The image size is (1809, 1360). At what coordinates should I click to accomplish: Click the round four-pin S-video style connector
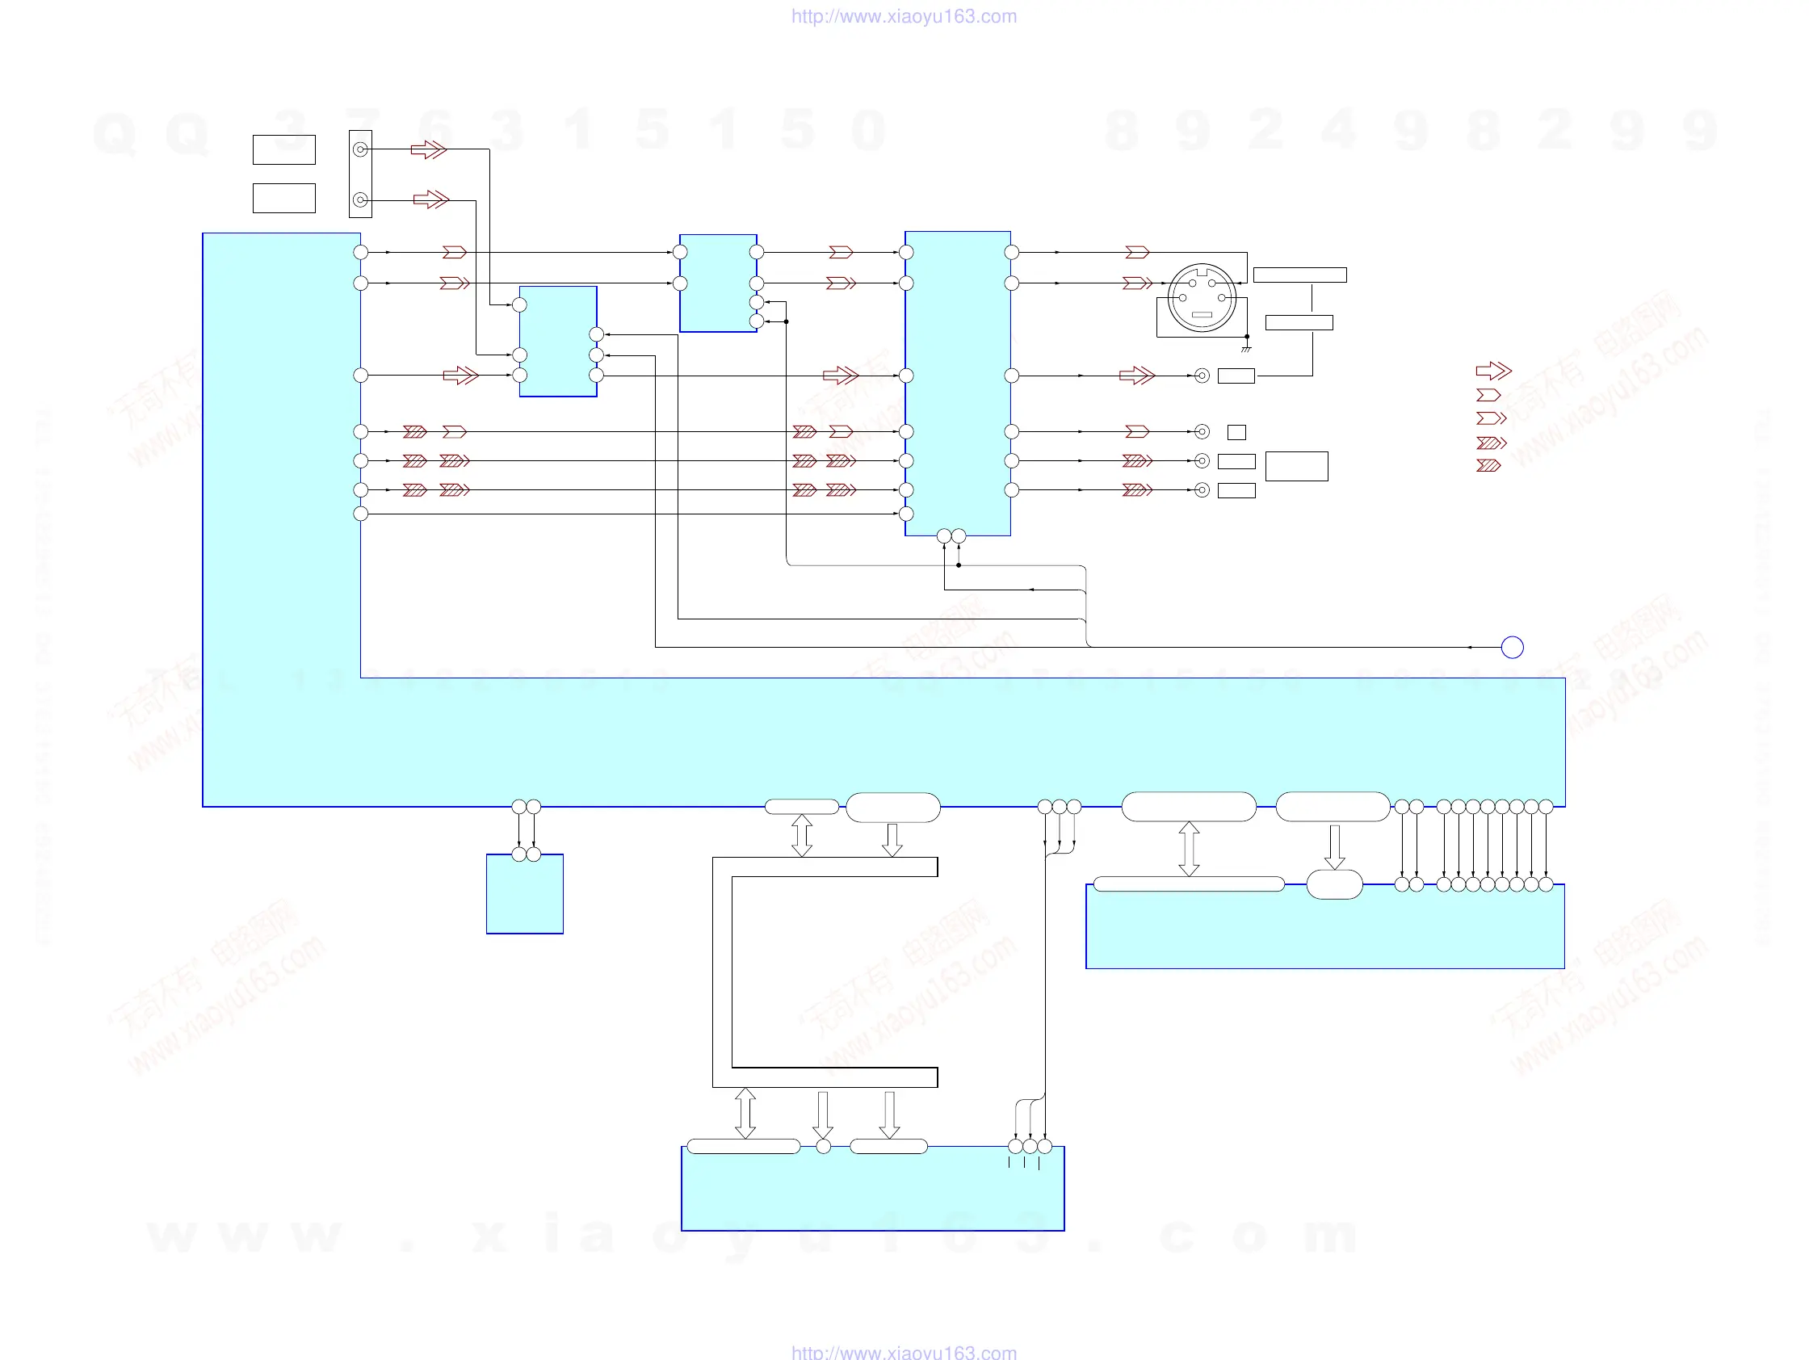point(1202,298)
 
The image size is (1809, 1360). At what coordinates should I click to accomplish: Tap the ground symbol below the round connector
point(1245,350)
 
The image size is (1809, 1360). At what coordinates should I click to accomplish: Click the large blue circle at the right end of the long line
point(1512,648)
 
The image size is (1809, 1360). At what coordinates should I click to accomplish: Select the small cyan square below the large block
point(524,894)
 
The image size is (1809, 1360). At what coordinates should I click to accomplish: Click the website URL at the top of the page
point(904,16)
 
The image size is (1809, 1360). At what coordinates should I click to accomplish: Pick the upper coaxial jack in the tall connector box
point(360,149)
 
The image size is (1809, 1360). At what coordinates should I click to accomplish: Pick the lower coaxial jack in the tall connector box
point(360,199)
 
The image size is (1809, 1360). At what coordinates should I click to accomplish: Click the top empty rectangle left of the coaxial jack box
point(283,149)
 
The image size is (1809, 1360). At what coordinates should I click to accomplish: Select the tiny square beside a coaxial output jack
point(1236,432)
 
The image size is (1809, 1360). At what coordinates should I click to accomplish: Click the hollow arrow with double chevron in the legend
point(1493,371)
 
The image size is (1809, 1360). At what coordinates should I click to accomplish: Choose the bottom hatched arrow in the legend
point(1488,465)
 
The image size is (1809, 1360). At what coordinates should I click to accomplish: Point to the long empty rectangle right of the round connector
point(1299,275)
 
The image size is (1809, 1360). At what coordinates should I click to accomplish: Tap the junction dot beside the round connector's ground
point(1247,336)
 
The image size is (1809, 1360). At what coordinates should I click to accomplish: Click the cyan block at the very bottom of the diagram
point(873,1190)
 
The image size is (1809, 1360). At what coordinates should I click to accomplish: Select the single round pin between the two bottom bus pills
point(824,1147)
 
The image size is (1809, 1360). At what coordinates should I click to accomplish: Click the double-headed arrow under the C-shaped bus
point(745,1113)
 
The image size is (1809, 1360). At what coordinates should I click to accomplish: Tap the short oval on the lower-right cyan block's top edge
point(1335,885)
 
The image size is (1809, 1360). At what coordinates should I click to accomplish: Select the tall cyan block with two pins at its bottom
point(958,384)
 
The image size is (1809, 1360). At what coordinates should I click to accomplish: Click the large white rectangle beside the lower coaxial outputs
point(1296,466)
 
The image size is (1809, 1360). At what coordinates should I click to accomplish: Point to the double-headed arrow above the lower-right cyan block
point(1189,849)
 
